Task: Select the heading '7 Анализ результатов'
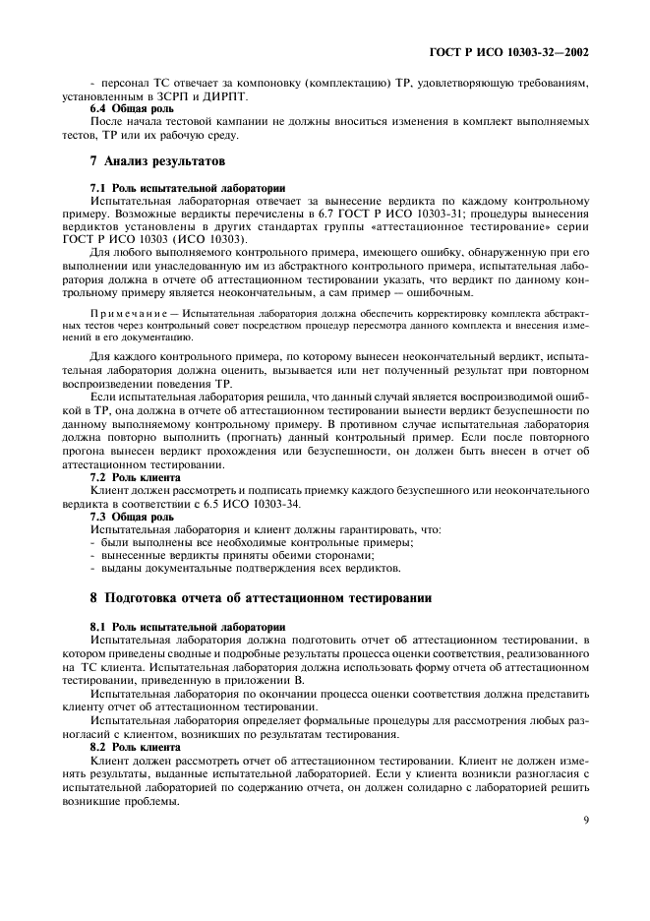(145, 159)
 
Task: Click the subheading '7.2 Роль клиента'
(128, 476)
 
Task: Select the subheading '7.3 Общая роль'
(123, 515)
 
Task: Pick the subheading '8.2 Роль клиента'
(128, 747)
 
